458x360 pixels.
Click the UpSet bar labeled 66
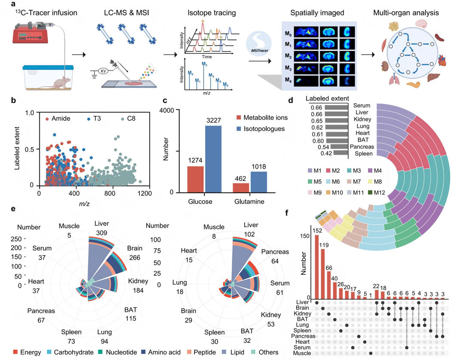point(329,285)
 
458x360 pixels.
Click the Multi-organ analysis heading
point(406,13)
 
